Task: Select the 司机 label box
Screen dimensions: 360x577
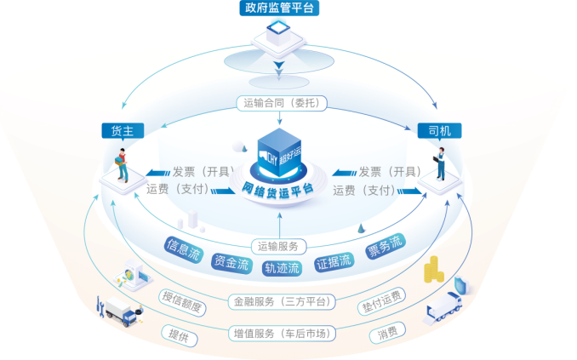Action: [x=439, y=130]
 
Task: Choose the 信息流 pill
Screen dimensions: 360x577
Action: [x=183, y=248]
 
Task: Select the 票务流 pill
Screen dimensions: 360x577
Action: [x=384, y=247]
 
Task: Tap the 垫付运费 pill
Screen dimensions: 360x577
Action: [x=381, y=300]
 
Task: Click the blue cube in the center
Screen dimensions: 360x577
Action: [x=282, y=151]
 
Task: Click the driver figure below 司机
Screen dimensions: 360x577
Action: [x=440, y=165]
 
